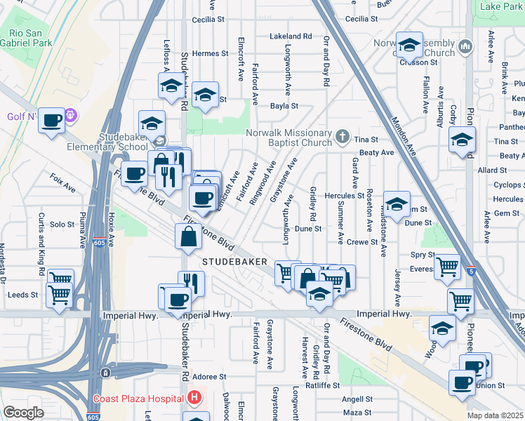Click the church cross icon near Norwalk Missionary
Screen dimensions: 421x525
342,135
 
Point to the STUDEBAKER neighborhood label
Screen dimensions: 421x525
234,261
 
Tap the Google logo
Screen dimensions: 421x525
23,413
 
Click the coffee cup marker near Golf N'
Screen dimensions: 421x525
51,121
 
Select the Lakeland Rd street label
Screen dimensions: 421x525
291,36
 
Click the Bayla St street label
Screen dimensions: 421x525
285,107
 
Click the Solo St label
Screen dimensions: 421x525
62,225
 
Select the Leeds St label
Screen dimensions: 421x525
22,295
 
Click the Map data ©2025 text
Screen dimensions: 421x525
496,415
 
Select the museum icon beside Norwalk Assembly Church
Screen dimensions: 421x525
465,48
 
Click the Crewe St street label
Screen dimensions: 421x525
362,242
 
